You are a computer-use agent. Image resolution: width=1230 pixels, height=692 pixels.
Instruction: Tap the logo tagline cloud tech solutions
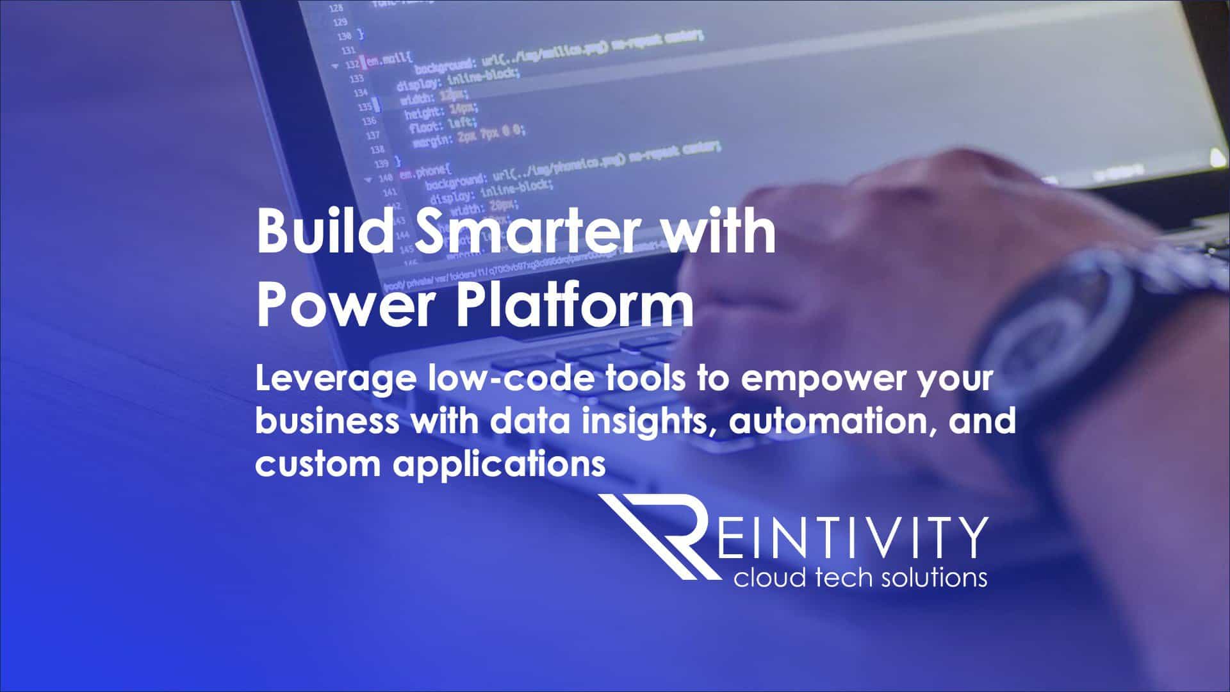860,578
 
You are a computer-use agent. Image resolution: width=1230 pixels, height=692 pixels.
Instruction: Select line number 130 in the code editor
343,37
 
